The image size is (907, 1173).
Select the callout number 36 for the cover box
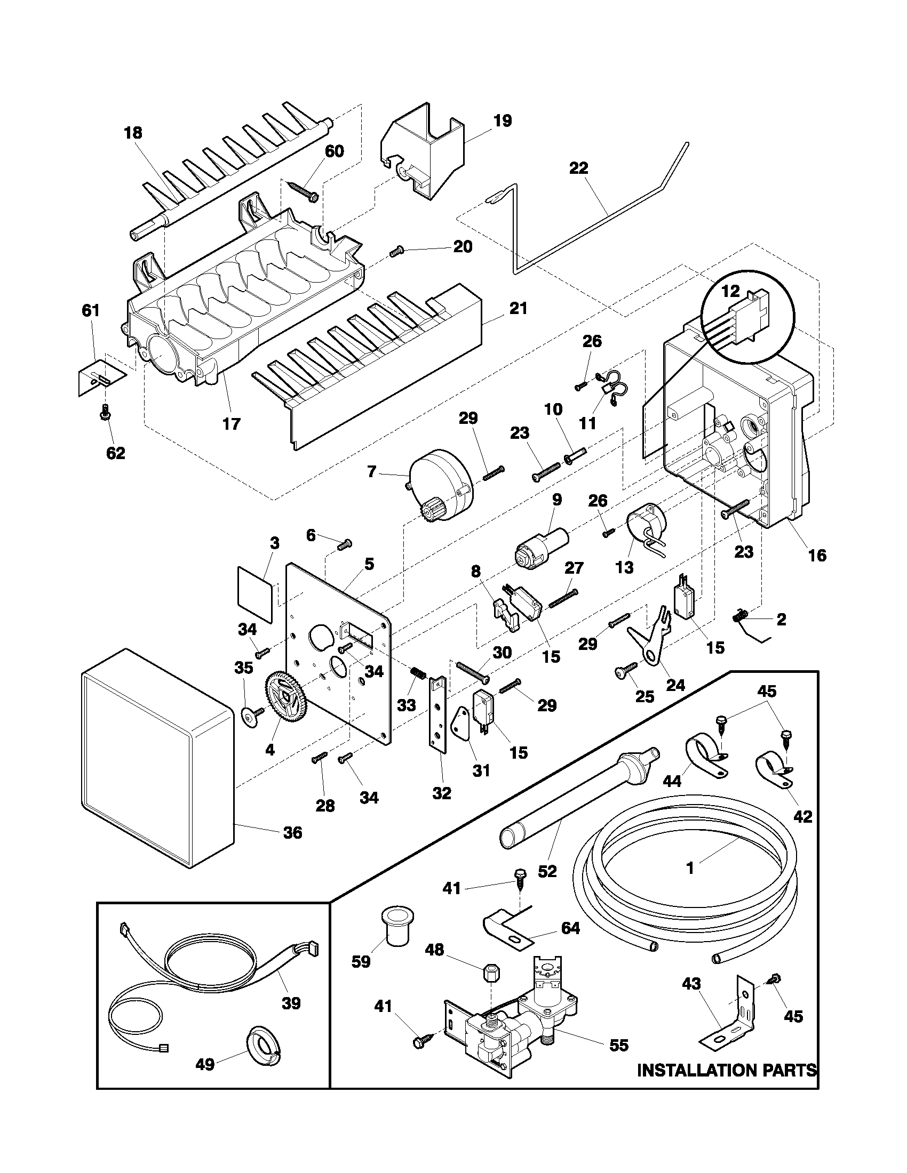click(x=292, y=832)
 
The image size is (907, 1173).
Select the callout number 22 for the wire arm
click(x=579, y=168)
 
